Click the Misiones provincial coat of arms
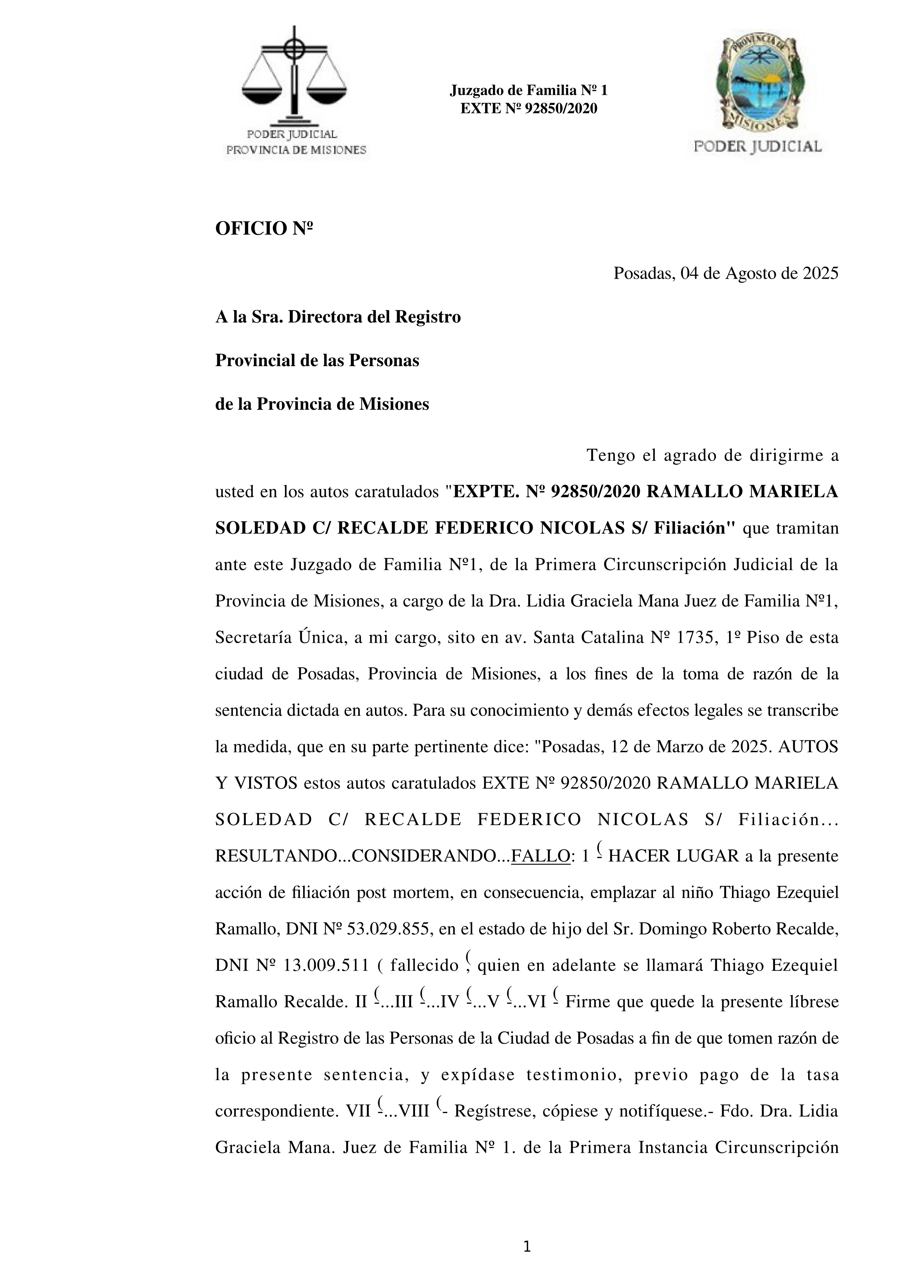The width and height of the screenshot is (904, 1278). click(758, 83)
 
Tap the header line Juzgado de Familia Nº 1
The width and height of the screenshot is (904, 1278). click(528, 90)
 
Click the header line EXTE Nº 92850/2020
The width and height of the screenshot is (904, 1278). click(528, 109)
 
